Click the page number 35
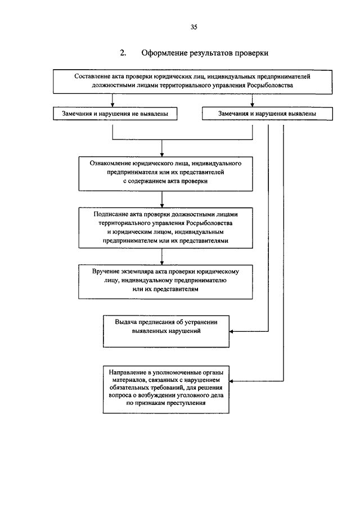click(194, 27)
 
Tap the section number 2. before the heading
click(123, 53)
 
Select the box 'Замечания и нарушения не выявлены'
click(115, 114)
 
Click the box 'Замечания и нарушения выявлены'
click(267, 114)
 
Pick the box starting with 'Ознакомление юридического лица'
click(165, 174)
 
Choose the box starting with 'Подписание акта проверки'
click(165, 228)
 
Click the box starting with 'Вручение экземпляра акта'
click(165, 282)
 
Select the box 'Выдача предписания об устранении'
click(166, 331)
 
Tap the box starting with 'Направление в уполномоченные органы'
click(166, 390)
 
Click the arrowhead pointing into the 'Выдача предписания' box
click(231, 331)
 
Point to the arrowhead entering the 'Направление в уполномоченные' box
click(231, 381)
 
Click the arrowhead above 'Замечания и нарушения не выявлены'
click(112, 105)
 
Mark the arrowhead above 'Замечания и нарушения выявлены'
click(252, 105)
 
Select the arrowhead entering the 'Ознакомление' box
click(161, 155)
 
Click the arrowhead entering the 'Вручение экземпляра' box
click(161, 263)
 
